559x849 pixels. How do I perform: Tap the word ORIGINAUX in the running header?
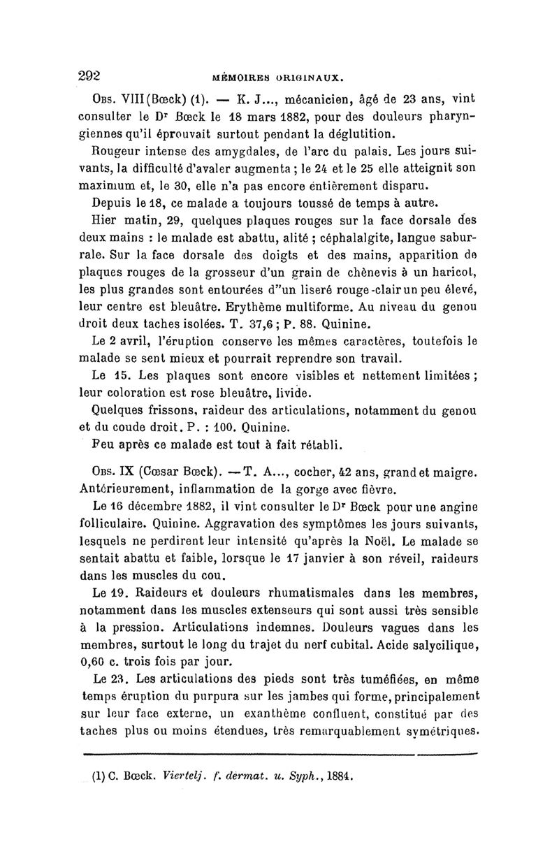[310, 80]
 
